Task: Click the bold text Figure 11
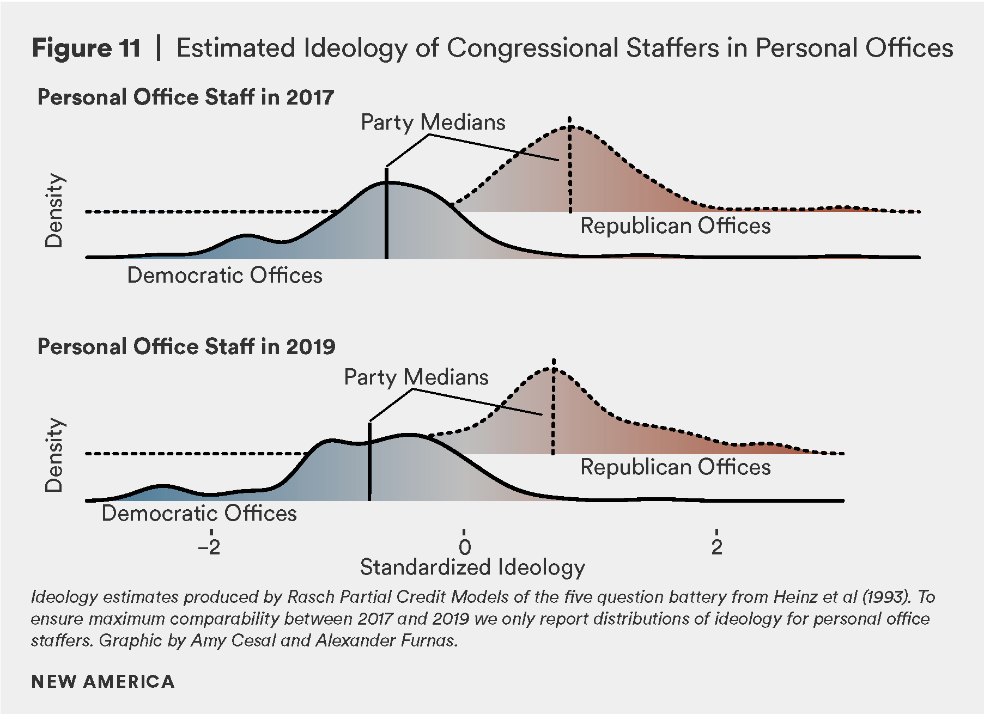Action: [x=86, y=48]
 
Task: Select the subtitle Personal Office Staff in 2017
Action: [x=185, y=97]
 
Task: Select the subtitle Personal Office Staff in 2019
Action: [x=186, y=346]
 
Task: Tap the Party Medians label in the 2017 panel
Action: [x=433, y=122]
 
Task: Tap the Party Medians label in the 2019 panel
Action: [x=416, y=377]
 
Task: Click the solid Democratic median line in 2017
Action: [x=386, y=218]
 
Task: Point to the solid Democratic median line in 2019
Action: [x=369, y=463]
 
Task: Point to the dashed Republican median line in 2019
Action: [x=553, y=414]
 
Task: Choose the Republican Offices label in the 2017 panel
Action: [x=675, y=225]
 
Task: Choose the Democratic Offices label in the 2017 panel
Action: [x=224, y=275]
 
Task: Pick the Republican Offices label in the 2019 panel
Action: [x=675, y=467]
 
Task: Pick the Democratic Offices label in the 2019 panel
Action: [x=199, y=513]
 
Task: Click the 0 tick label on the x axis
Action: [x=464, y=546]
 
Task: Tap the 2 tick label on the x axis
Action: [x=716, y=546]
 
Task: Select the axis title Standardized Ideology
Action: [x=472, y=567]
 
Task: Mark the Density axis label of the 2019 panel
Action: [x=54, y=455]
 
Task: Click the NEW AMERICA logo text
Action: [x=103, y=681]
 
